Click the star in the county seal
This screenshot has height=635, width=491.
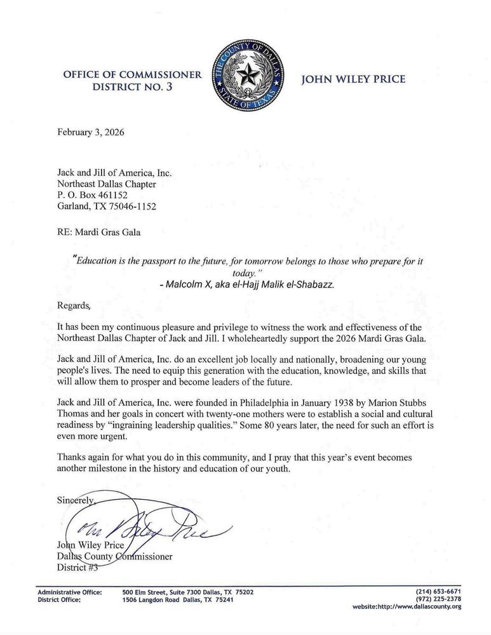(x=245, y=78)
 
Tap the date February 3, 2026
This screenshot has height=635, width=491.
(x=90, y=133)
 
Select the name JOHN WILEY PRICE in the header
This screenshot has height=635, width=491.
(x=353, y=79)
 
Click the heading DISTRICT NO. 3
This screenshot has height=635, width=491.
(x=133, y=88)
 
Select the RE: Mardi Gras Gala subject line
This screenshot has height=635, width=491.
(x=99, y=232)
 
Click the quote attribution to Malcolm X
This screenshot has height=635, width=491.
(x=247, y=284)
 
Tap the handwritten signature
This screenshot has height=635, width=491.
(x=146, y=525)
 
